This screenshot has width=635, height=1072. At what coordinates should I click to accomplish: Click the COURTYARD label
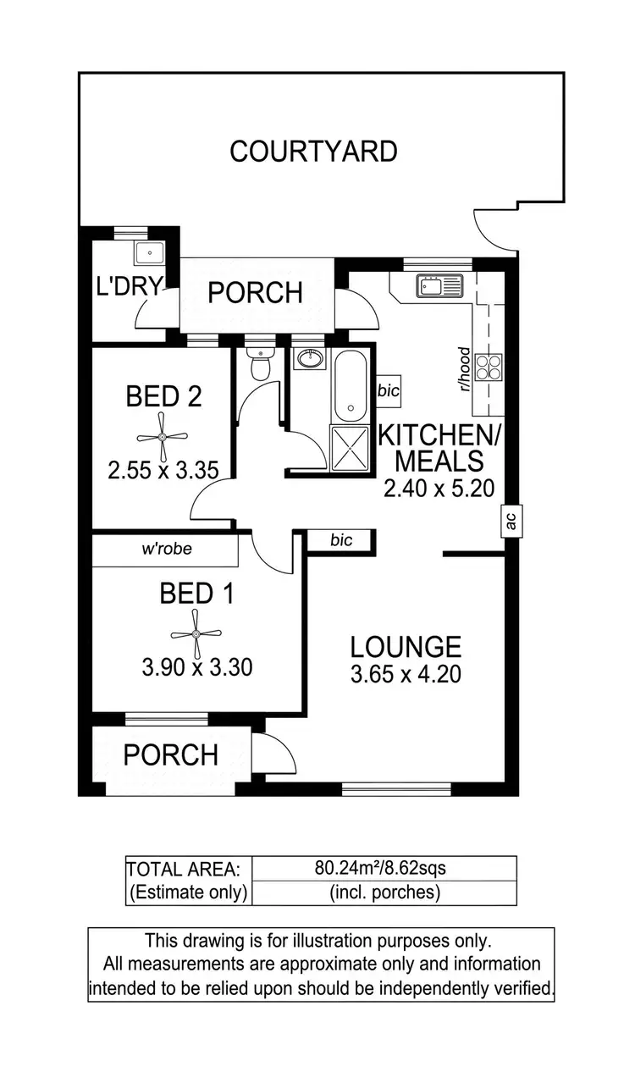(313, 152)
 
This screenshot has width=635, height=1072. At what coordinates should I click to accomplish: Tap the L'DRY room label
(129, 286)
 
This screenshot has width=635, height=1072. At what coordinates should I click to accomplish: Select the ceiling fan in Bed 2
(163, 437)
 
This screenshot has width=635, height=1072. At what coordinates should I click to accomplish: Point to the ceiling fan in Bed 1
(196, 634)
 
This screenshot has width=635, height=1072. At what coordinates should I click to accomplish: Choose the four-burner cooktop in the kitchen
(489, 367)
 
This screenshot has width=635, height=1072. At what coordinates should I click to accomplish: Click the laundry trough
(150, 251)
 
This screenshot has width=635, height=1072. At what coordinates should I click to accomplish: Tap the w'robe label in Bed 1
(167, 549)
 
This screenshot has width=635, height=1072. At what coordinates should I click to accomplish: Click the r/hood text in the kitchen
(464, 369)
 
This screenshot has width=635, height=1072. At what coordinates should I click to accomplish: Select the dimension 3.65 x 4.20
(406, 676)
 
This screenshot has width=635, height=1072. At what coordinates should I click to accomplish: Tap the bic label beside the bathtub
(388, 391)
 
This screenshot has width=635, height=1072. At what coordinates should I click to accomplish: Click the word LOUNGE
(406, 647)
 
